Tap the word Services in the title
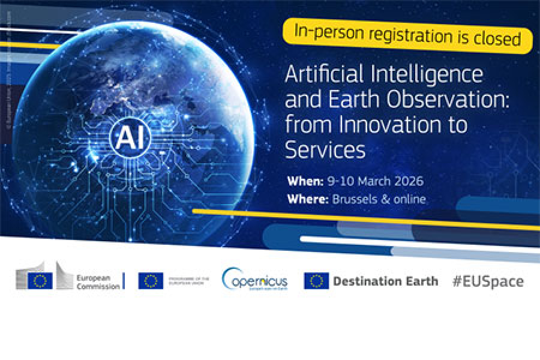pyautogui.click(x=325, y=149)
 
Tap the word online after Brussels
pyautogui.click(x=408, y=199)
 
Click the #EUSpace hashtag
pyautogui.click(x=488, y=281)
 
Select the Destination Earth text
pyautogui.click(x=385, y=281)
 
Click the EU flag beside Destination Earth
pyautogui.click(x=316, y=281)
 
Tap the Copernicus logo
pyautogui.click(x=254, y=280)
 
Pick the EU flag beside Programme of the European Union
pyautogui.click(x=151, y=281)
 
